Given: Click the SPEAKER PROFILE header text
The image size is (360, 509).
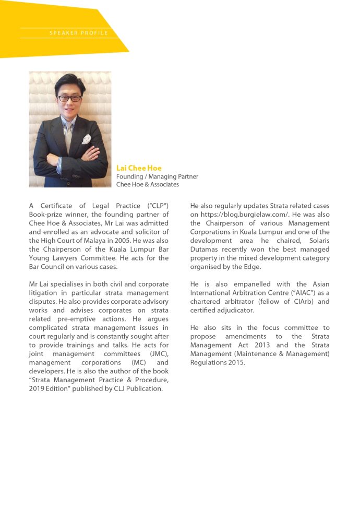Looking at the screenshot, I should point(79,33).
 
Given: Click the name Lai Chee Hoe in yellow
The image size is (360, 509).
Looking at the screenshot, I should point(139,168).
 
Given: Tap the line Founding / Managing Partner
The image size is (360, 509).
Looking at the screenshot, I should point(157,176).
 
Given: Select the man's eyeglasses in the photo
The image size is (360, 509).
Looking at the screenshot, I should point(69,98).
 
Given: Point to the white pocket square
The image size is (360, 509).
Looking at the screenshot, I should point(86,139).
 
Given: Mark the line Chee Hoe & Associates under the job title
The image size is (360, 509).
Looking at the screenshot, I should point(148,184).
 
